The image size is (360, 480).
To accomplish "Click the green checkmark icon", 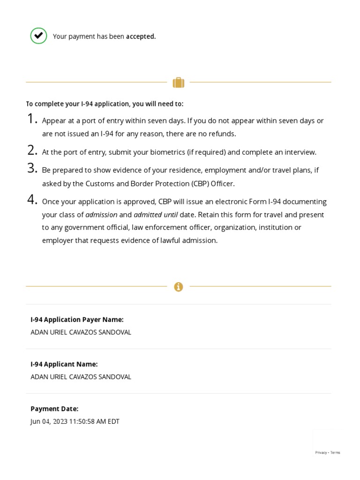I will [x=38, y=36].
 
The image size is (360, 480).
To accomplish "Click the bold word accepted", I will [x=141, y=37].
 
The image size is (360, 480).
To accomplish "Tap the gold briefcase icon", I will [x=178, y=83].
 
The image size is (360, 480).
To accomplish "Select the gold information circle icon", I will [x=178, y=287].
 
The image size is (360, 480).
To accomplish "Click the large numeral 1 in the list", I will [x=32, y=119].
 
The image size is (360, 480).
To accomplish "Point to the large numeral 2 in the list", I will [x=32, y=150].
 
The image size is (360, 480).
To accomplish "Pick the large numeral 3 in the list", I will [x=32, y=168].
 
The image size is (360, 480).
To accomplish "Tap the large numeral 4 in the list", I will [x=32, y=200].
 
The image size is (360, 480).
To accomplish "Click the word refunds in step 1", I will [x=222, y=134].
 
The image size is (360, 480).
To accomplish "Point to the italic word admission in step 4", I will [x=101, y=215].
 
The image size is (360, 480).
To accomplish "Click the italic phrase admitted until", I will [x=156, y=215].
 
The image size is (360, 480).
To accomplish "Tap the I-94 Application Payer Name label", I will [x=77, y=320].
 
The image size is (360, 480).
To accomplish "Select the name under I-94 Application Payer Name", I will [x=81, y=332].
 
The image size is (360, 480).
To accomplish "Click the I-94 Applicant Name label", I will [x=64, y=364].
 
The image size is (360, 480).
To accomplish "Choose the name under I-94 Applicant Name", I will [x=81, y=377].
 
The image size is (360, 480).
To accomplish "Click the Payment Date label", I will [x=54, y=409].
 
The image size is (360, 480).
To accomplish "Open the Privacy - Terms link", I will [x=328, y=452].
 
